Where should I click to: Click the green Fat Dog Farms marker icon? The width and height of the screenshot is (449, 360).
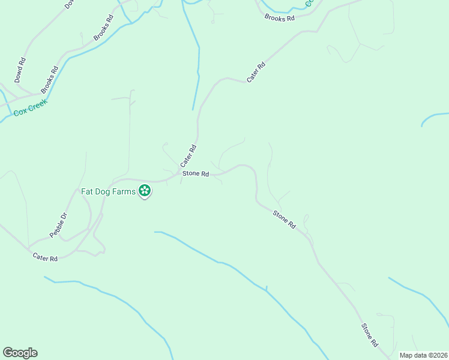[144, 191]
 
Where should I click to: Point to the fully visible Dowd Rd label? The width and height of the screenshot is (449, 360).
[20, 70]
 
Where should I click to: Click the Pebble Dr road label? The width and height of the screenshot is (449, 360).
[59, 225]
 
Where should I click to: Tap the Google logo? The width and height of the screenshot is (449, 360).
[20, 353]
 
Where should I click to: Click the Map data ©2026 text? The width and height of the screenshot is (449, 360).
[423, 355]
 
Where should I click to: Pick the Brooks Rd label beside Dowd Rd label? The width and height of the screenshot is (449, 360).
[49, 79]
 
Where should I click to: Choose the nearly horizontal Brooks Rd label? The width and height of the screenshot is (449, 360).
[280, 18]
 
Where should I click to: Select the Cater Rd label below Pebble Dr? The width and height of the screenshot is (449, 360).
[45, 258]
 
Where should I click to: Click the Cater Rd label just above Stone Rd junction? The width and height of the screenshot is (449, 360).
[188, 155]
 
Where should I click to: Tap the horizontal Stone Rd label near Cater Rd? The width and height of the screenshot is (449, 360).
[196, 174]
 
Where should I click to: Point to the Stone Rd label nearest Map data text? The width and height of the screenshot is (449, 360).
[369, 335]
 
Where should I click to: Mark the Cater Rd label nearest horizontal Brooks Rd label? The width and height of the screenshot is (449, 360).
[256, 73]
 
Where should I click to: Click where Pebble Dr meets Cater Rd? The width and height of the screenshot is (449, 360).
[29, 248]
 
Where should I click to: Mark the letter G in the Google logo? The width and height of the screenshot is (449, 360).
[8, 353]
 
